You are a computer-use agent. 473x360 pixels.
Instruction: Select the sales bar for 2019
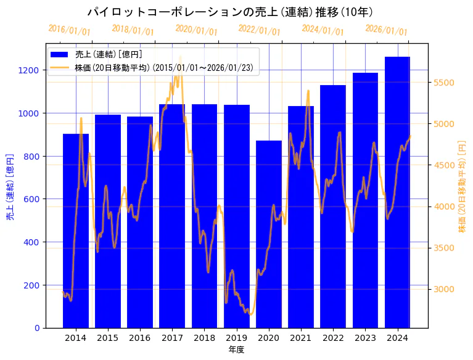point(237,216)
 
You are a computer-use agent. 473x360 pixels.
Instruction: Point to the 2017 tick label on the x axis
point(172,338)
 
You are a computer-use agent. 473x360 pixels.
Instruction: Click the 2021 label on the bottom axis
point(301,338)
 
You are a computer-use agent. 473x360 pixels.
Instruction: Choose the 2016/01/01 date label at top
point(69,30)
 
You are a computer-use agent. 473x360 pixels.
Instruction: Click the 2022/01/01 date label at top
point(259,30)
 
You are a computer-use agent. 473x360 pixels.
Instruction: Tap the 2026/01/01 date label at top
point(386,30)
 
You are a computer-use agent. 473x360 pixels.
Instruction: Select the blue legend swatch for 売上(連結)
point(60,54)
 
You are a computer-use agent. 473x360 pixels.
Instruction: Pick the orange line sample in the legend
point(60,67)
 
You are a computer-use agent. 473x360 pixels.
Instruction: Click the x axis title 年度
point(236,350)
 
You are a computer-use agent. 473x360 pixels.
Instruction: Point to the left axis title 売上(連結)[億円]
point(10,186)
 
